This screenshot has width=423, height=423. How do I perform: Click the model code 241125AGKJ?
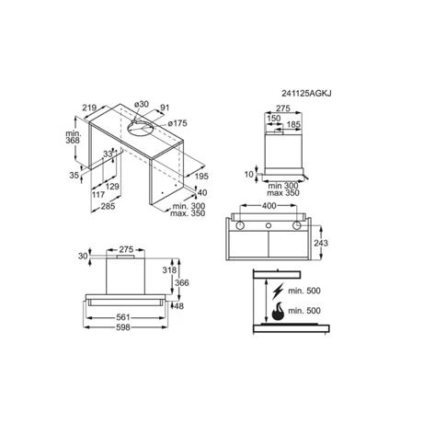(306, 93)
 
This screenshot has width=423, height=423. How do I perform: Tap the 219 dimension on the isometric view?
(89, 108)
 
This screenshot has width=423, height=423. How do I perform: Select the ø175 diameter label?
(177, 123)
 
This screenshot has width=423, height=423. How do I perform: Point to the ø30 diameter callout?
(142, 104)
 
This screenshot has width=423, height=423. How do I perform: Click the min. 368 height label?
(73, 137)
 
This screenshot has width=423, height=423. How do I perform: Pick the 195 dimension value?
(201, 176)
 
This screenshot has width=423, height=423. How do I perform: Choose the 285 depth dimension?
(108, 206)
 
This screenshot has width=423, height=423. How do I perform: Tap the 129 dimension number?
(112, 187)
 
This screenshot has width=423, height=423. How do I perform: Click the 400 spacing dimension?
(269, 206)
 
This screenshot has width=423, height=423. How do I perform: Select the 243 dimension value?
(321, 243)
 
